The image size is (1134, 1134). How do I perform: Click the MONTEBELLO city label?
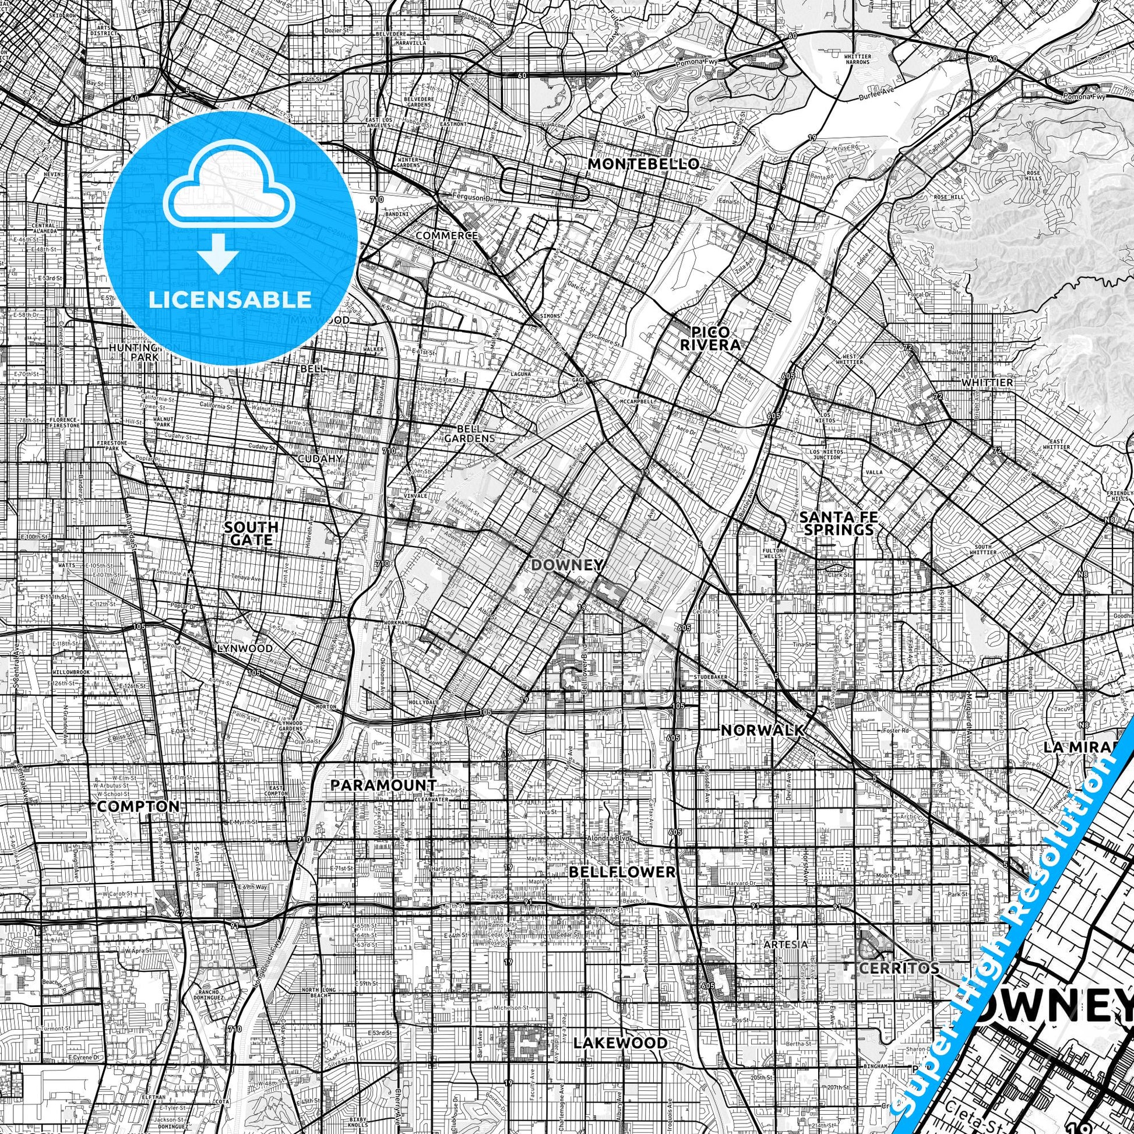pyautogui.click(x=643, y=164)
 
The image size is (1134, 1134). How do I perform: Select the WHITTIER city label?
pyautogui.click(x=987, y=382)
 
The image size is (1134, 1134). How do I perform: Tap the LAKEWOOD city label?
pyautogui.click(x=621, y=1026)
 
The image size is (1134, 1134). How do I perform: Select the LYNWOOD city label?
pyautogui.click(x=245, y=649)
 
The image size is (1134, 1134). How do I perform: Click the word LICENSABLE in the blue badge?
pyautogui.click(x=230, y=300)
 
